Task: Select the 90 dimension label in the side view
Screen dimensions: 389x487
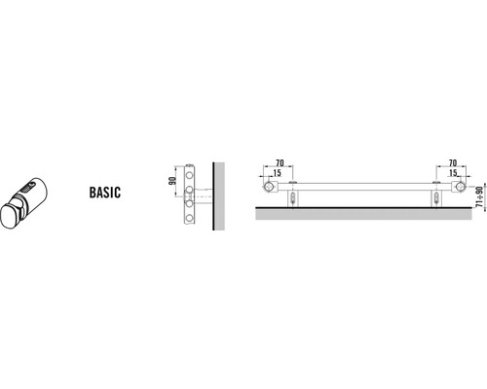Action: point(171,180)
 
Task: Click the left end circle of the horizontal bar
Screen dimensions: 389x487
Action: point(269,187)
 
